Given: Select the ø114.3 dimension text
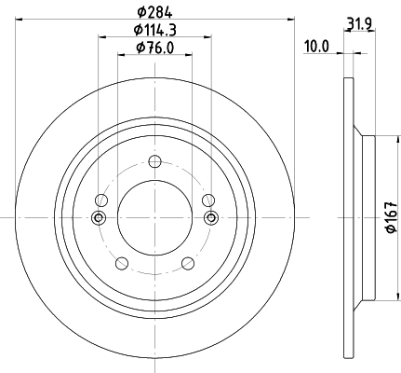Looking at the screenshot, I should [154, 31].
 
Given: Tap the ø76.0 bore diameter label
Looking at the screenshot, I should [154, 48].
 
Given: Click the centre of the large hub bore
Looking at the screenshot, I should [154, 217].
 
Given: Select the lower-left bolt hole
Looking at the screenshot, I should [122, 262].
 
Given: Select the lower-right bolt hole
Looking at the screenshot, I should [187, 262].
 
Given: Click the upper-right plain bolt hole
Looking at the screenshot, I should [207, 200].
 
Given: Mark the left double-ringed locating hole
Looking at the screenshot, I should [100, 218].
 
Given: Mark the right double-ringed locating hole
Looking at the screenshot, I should [209, 218].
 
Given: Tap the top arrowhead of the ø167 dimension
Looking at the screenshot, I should [378, 140].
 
